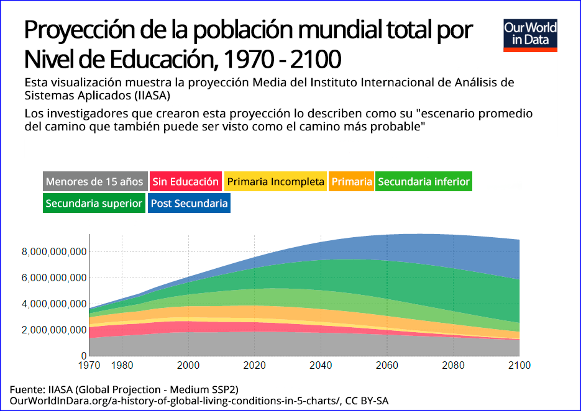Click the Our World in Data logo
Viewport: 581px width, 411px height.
(x=530, y=35)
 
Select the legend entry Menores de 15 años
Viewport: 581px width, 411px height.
(x=95, y=182)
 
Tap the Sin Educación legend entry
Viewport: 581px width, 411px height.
(x=186, y=182)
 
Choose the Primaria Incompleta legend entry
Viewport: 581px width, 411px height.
(x=275, y=182)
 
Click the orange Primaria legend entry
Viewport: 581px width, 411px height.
(x=352, y=182)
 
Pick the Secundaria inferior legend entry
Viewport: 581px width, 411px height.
(x=424, y=182)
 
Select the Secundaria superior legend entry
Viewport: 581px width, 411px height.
(x=94, y=203)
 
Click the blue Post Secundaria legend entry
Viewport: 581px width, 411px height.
(x=190, y=203)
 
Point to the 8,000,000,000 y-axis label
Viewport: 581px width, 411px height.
(x=53, y=251)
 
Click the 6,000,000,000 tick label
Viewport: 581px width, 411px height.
(x=53, y=278)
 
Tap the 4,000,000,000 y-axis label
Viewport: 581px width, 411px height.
(x=53, y=304)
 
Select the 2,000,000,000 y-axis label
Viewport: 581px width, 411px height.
(x=53, y=330)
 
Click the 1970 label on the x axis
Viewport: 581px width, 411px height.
(x=90, y=365)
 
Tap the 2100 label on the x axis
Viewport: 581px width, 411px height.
(x=519, y=365)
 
